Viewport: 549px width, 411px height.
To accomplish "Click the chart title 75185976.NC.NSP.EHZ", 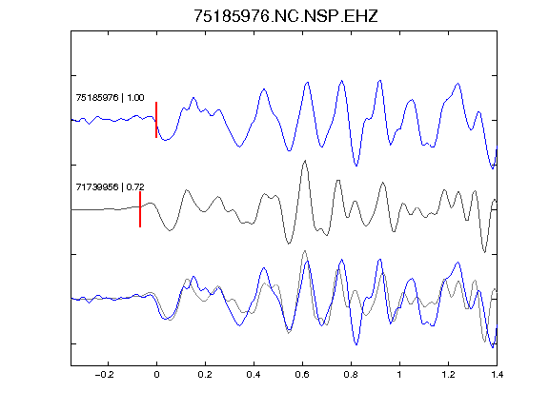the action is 286,16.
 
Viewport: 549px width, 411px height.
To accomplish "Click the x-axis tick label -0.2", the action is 104,375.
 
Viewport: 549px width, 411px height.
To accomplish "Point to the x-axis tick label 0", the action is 156,375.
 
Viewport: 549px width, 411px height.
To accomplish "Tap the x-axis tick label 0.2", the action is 205,375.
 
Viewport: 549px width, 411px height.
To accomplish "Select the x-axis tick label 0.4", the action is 254,375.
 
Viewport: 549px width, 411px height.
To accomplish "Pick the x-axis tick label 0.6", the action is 302,375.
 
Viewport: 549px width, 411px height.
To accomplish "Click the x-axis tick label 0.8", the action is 351,375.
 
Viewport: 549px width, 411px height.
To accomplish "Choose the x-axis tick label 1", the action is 399,375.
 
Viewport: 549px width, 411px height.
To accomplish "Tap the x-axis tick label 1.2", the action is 448,375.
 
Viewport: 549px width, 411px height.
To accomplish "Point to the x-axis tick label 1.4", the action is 497,375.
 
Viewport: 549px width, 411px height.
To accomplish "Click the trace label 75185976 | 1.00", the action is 110,97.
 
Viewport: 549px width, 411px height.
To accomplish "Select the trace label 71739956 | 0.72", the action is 110,187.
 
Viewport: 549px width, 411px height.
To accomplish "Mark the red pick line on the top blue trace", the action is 156,120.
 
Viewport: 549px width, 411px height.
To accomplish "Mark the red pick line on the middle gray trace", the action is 140,209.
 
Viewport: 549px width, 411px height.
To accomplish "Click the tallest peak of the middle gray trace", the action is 305,161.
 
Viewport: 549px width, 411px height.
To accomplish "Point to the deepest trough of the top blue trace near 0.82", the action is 356,166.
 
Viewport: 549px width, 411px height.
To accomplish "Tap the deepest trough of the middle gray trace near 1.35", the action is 484,252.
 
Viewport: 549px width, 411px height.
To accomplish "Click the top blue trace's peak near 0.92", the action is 380,81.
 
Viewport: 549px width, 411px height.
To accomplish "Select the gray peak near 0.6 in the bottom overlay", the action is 305,251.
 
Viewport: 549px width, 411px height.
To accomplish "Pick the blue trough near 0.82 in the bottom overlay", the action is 356,344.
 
